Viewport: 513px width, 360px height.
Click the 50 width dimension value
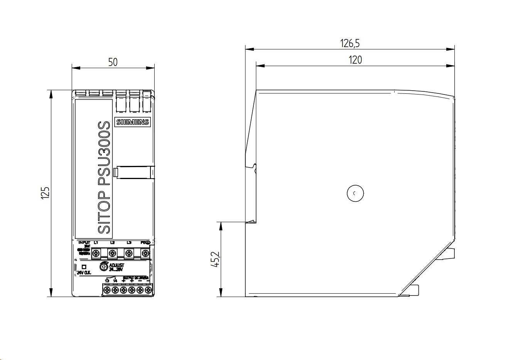113,62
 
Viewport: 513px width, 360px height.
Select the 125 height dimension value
45,193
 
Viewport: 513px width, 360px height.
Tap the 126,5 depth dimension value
349,43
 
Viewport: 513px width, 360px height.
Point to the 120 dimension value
355,60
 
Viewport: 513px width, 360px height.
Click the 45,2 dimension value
215,259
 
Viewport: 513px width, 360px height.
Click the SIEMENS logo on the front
132,122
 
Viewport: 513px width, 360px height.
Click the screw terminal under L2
112,254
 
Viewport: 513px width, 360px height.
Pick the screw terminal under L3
129,254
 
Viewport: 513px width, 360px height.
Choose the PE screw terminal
145,254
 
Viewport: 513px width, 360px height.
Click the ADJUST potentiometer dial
104,266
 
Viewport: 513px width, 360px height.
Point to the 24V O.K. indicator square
84,266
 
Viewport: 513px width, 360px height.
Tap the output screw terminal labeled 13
107,290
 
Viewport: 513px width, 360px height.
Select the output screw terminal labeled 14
115,290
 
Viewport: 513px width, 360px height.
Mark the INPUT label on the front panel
84,243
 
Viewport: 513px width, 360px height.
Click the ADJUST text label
116,265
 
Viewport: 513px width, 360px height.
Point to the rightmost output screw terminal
148,290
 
